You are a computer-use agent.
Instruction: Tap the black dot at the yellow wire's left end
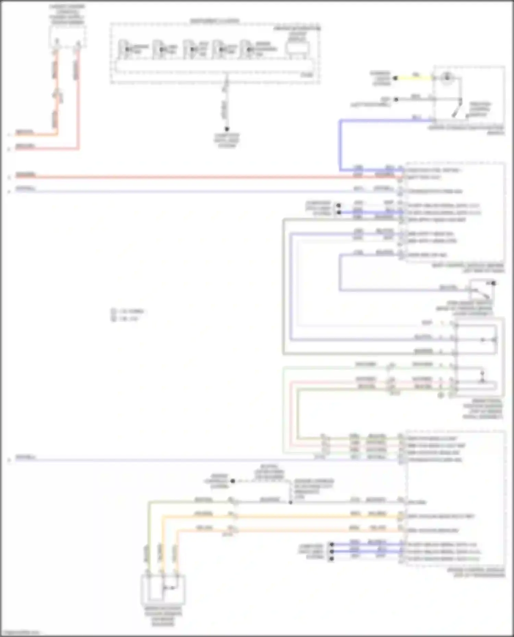(x=395, y=78)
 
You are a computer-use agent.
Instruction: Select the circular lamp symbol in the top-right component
(x=446, y=77)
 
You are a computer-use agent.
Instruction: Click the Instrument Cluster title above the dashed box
(x=215, y=21)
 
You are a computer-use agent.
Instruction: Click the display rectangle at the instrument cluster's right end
(x=298, y=49)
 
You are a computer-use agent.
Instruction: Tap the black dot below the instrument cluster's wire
(x=227, y=129)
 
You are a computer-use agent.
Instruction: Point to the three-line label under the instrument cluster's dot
(x=227, y=140)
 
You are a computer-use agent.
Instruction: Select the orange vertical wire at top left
(x=57, y=92)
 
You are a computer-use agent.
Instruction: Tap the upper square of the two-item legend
(x=113, y=311)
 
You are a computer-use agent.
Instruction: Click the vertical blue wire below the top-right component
(x=340, y=144)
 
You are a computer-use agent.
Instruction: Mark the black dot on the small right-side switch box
(x=493, y=283)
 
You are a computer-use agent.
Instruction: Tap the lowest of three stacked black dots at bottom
(x=331, y=559)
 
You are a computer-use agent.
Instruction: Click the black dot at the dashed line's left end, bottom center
(x=233, y=481)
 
